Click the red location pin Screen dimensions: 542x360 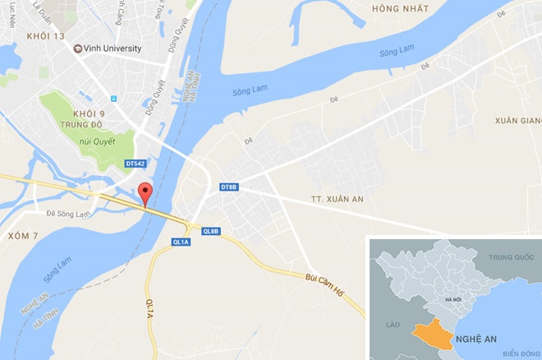pos(145,193)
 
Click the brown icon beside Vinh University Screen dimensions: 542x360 pos(79,48)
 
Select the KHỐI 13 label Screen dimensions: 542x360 pos(44,35)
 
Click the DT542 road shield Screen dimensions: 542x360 pos(136,164)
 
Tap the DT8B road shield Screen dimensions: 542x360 pos(229,188)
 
